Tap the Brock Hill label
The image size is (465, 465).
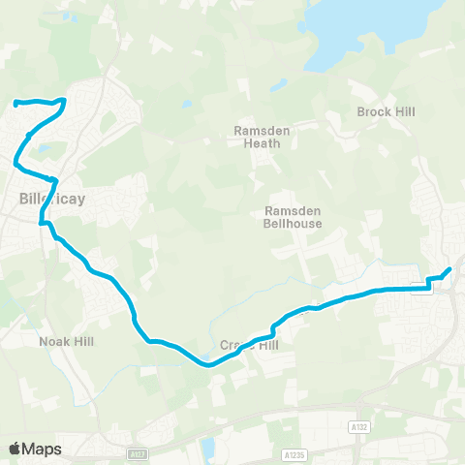[386, 112]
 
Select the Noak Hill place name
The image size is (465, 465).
[64, 341]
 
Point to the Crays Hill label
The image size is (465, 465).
[248, 345]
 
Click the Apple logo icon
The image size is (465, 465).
[15, 449]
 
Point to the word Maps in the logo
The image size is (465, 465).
[43, 449]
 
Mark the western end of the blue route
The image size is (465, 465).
[16, 103]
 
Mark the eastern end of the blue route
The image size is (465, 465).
[449, 268]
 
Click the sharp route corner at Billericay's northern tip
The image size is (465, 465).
[64, 100]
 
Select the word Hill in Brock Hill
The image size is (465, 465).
[404, 112]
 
